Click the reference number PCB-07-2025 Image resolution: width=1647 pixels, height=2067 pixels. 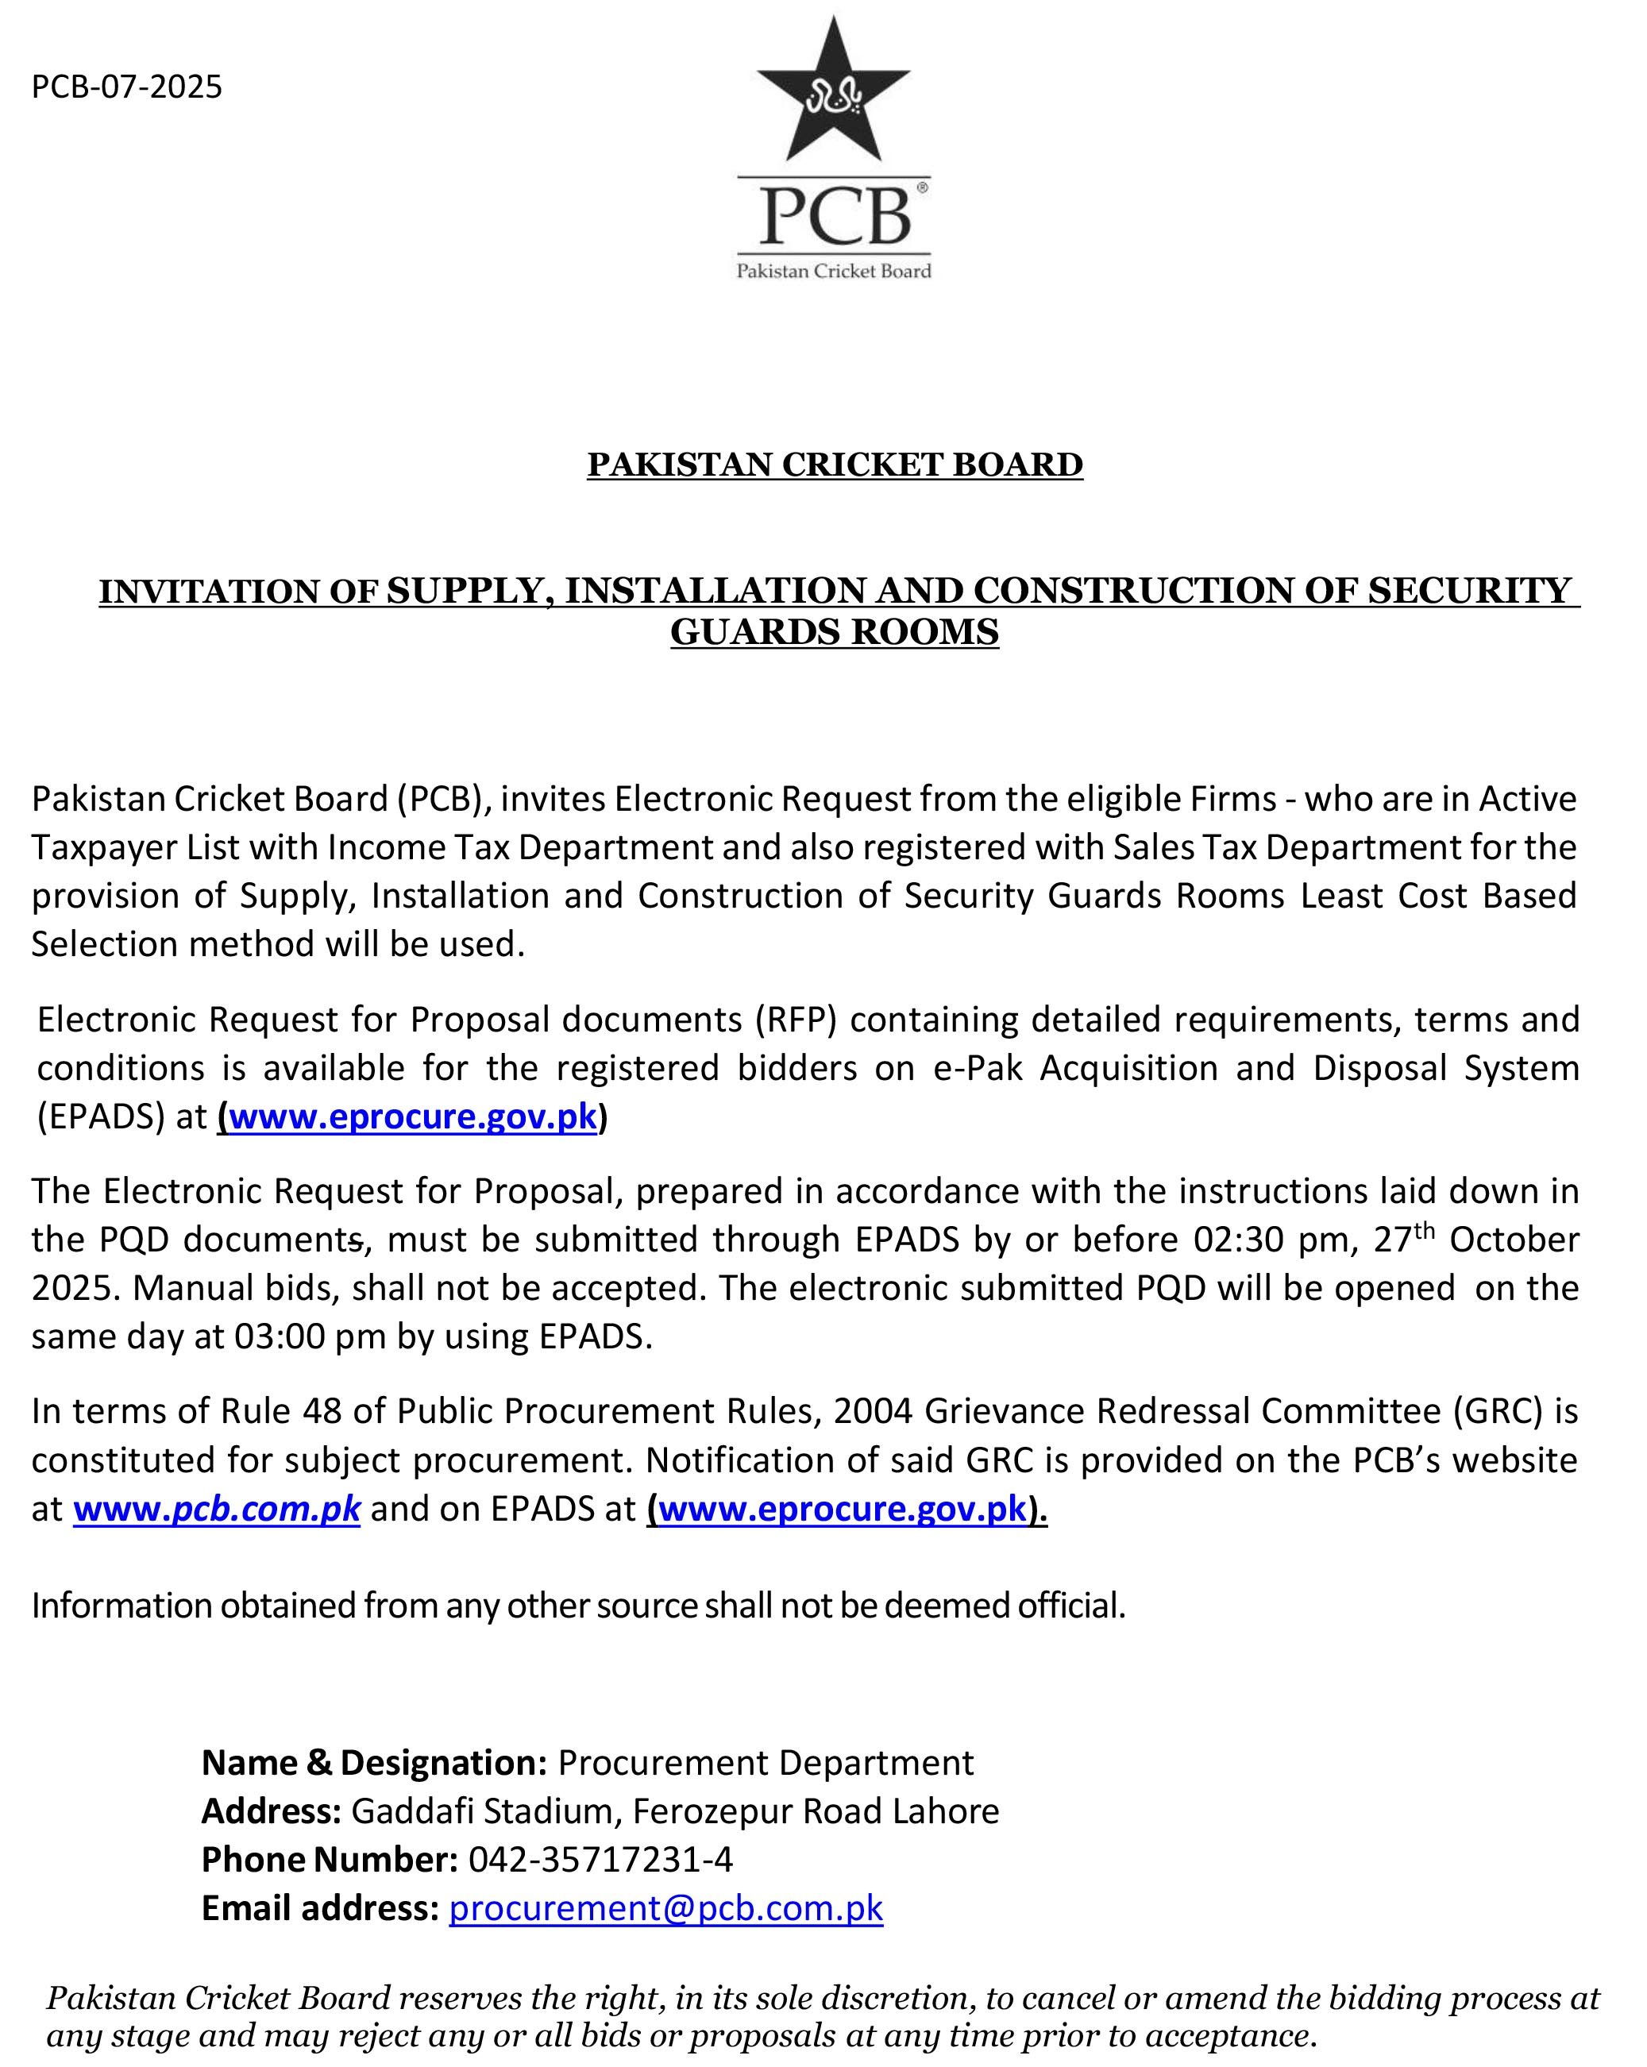pos(126,87)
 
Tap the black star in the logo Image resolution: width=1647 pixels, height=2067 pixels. pos(832,96)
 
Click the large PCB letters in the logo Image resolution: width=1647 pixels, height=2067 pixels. pos(833,217)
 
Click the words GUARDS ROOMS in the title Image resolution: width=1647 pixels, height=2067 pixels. pos(834,633)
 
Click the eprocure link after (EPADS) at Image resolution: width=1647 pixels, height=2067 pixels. pos(412,1117)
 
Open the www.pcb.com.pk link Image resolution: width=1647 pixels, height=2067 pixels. pos(217,1509)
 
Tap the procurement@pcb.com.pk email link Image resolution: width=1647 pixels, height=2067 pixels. pos(665,1908)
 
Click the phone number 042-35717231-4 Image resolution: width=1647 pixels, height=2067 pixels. pos(600,1859)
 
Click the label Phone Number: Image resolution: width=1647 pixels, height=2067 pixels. pos(330,1859)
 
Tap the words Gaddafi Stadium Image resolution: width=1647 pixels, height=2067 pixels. pos(487,1811)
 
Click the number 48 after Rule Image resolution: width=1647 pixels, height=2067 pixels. pos(322,1411)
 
